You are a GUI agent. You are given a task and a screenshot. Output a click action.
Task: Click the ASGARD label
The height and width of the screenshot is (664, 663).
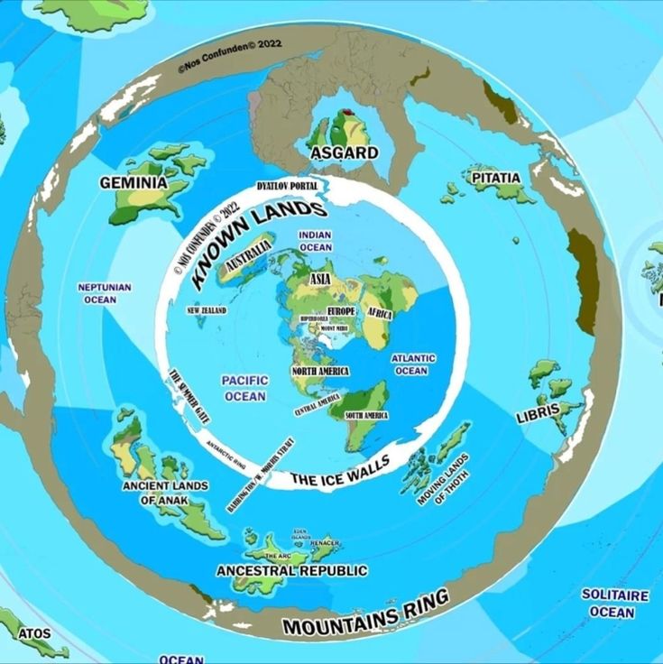[x=344, y=152]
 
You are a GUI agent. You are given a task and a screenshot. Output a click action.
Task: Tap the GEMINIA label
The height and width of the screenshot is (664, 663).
[x=134, y=182]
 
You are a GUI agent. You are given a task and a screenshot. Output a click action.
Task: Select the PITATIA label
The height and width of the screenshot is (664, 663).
[x=497, y=179]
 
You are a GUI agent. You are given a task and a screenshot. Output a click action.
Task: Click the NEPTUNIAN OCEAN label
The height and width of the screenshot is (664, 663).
[x=105, y=293]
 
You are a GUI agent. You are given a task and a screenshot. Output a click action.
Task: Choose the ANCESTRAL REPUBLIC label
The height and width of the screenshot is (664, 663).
[x=291, y=571]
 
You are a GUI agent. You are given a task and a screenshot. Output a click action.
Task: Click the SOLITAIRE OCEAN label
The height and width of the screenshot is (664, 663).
[x=614, y=604]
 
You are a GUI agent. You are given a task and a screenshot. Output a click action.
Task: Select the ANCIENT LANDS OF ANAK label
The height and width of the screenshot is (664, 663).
[x=165, y=492]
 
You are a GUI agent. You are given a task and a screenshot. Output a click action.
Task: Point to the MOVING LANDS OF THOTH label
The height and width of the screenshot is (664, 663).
[x=444, y=479]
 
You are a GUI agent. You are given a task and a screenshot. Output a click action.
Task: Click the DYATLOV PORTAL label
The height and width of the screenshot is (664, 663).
[x=286, y=185]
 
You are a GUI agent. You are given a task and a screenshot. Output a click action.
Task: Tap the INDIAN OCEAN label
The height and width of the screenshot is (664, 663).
[x=316, y=241]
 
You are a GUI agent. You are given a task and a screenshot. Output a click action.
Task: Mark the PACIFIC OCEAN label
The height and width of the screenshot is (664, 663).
[x=244, y=388]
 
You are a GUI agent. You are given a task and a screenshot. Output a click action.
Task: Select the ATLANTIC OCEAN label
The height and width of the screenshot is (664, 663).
[x=412, y=364]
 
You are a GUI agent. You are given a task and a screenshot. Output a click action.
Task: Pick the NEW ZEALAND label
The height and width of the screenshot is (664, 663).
[x=207, y=310]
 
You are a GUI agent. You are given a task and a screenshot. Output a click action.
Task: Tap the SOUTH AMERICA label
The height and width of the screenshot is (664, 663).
[x=366, y=415]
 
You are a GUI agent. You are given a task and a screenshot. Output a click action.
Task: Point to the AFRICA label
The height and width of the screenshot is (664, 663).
[x=379, y=313]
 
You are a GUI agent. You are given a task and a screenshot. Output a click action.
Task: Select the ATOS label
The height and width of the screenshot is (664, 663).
[x=34, y=633]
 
